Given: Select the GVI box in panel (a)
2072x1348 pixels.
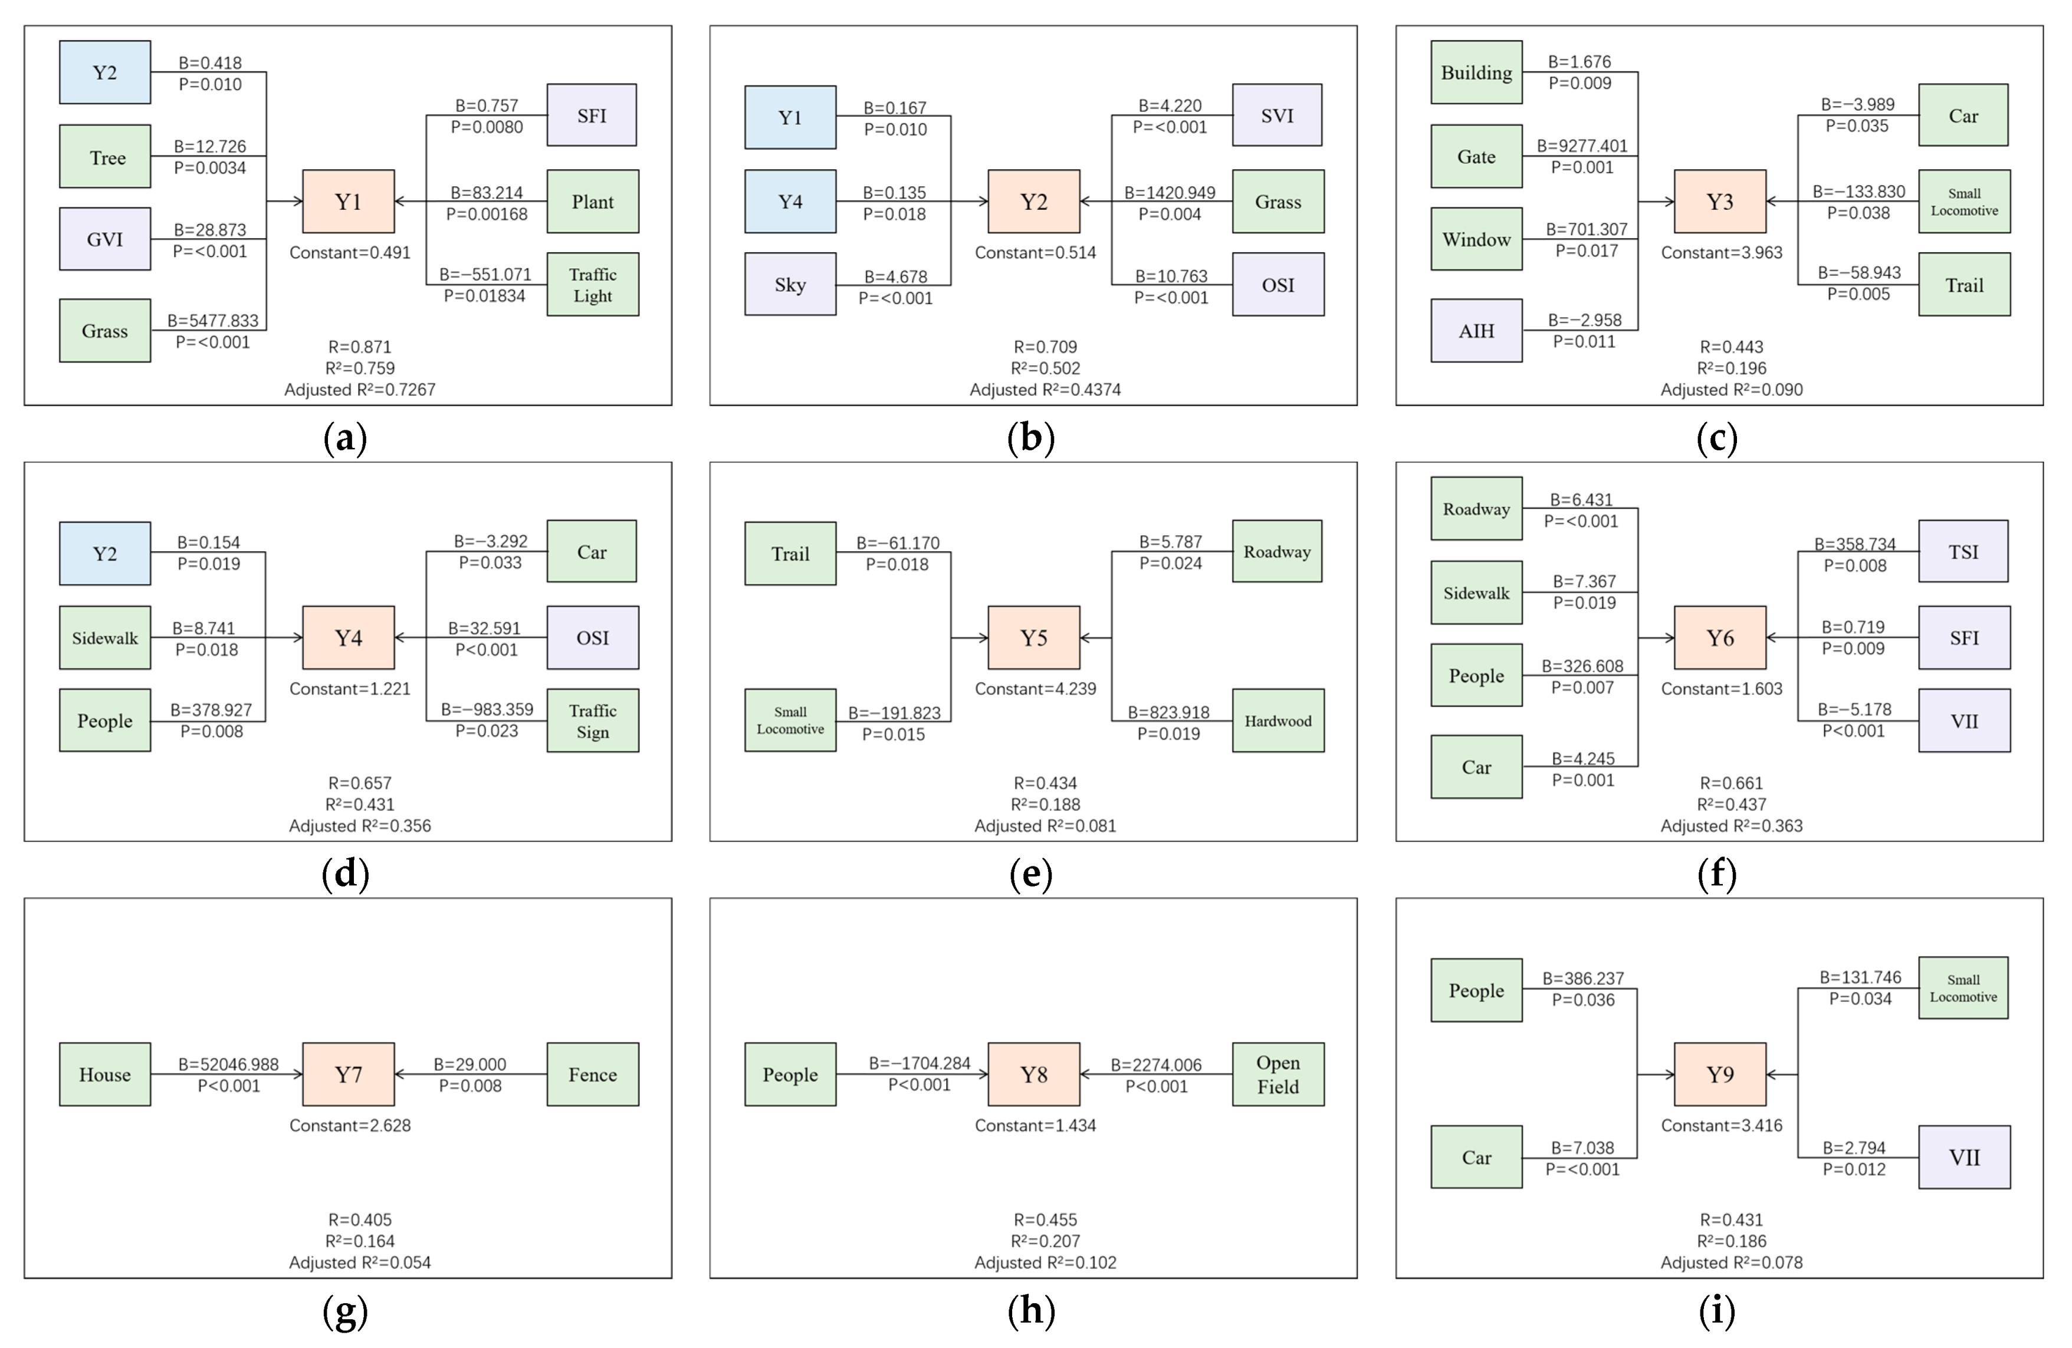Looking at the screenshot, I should click(104, 239).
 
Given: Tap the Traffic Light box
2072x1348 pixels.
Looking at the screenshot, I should click(592, 285).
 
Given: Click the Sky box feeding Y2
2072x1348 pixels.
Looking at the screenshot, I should click(790, 285).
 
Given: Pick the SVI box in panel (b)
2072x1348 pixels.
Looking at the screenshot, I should click(1277, 116).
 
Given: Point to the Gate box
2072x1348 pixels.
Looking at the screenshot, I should click(1476, 157).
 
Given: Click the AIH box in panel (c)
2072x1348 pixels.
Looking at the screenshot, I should click(1476, 331).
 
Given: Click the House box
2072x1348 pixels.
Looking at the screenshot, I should click(104, 1075).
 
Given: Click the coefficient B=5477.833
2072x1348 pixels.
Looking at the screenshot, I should click(214, 320).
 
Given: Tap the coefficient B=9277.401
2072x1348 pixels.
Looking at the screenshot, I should click(1582, 146).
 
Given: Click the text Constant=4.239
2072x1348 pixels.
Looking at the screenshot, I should click(1035, 688).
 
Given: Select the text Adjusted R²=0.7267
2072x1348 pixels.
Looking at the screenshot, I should click(360, 390).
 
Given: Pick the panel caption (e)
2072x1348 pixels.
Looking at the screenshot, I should click(1031, 874).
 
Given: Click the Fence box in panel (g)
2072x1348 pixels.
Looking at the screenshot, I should click(592, 1075).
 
